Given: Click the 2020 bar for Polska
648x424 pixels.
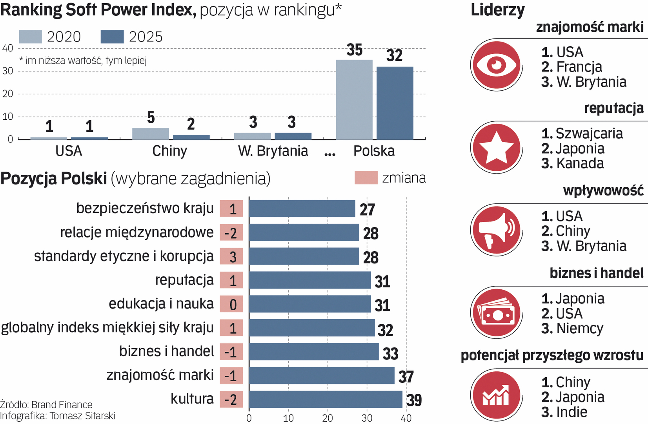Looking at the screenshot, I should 354,100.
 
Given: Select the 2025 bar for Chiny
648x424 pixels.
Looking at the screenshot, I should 191,137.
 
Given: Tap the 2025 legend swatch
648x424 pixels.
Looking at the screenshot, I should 112,37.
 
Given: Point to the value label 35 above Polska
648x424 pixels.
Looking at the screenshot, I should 354,50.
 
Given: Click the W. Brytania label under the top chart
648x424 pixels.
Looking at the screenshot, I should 273,151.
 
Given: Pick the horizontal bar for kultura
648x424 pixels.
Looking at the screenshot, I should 326,399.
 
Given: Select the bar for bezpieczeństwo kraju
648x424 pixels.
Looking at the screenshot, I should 302,208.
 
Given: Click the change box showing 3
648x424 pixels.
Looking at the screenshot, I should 231,256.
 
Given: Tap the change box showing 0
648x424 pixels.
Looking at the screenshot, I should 231,304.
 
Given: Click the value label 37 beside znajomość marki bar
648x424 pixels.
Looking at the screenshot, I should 406,377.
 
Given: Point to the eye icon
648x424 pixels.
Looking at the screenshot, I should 496,65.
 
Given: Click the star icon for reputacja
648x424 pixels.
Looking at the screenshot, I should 496,147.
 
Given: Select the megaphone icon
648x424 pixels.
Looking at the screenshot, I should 496,230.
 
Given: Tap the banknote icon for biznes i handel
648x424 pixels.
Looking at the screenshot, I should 496,313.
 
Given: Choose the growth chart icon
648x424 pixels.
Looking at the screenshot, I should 496,395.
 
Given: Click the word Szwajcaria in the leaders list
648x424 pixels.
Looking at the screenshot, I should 589,134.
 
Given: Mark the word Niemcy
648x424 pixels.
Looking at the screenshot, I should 579,329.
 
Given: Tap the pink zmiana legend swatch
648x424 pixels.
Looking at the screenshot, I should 366,177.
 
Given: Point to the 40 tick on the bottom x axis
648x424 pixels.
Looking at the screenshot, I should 406,418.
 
